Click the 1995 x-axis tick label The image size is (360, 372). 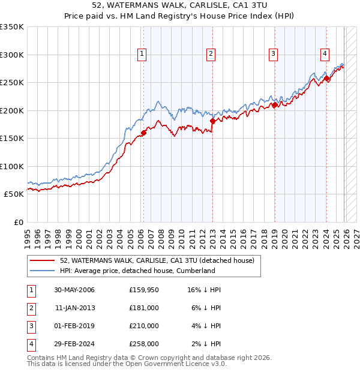point(27,233)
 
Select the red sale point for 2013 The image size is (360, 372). point(212,121)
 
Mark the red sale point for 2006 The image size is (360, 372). point(144,133)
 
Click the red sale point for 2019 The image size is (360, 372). point(275,105)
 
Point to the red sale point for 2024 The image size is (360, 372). point(326,78)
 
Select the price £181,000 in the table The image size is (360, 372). point(144,308)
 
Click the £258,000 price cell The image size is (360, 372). point(144,344)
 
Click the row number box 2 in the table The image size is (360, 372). point(31,308)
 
